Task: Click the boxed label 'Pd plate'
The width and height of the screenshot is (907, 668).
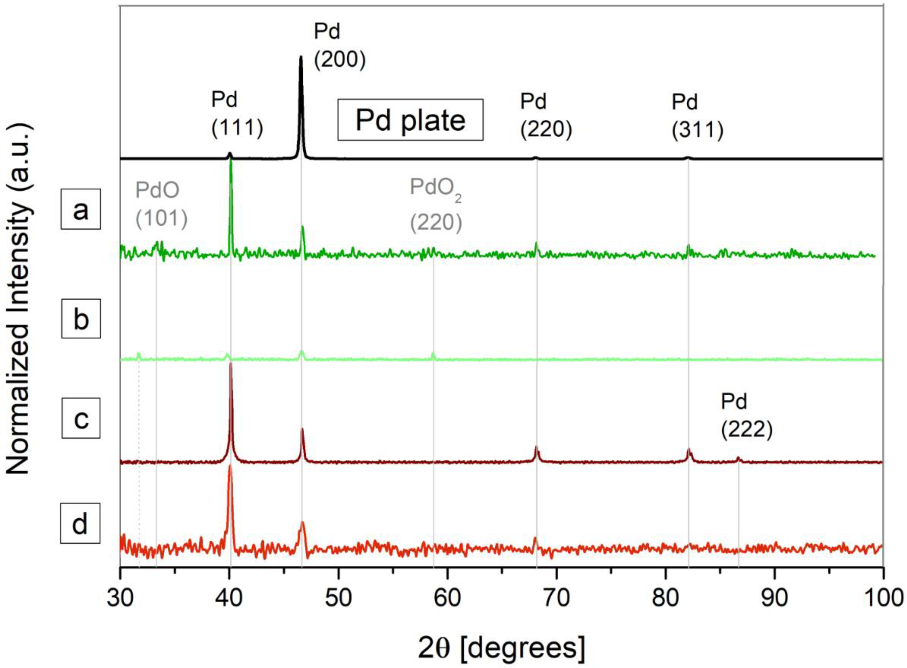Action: coord(410,120)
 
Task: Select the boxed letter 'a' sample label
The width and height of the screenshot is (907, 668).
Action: coord(80,209)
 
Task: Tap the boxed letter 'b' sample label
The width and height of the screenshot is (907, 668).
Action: coord(81,319)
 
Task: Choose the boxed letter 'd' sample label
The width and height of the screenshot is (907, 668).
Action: coord(80,523)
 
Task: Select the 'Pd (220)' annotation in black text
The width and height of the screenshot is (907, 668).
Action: coord(546,116)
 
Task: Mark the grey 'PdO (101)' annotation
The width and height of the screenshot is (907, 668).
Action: coord(161,204)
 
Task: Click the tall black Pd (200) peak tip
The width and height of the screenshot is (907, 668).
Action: coord(300,58)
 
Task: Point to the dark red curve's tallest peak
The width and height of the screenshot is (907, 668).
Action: coord(231,364)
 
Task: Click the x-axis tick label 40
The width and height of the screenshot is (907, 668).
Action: coord(229,598)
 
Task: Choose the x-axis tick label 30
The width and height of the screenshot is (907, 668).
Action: coord(120,598)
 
